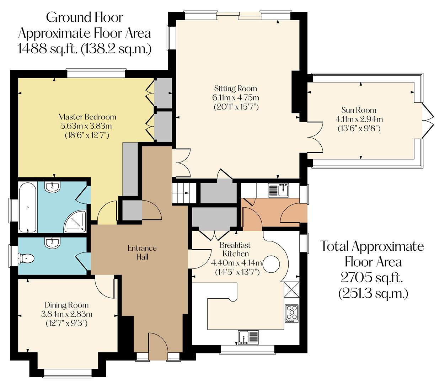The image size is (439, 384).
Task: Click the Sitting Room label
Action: pos(235,89)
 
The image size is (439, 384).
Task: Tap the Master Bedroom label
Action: pos(87,117)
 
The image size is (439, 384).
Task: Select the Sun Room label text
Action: pos(359,110)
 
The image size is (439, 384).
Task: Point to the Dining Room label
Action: pos(66,305)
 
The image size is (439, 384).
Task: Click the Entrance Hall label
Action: pos(142,252)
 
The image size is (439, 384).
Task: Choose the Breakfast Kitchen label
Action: pos(235,249)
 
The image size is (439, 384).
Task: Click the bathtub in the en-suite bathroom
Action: pos(27,207)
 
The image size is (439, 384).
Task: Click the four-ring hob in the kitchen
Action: pos(291,313)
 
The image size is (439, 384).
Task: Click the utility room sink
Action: pos(278,190)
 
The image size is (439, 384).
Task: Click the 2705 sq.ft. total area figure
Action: pos(373,277)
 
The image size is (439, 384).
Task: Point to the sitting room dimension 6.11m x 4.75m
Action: pos(236,97)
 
